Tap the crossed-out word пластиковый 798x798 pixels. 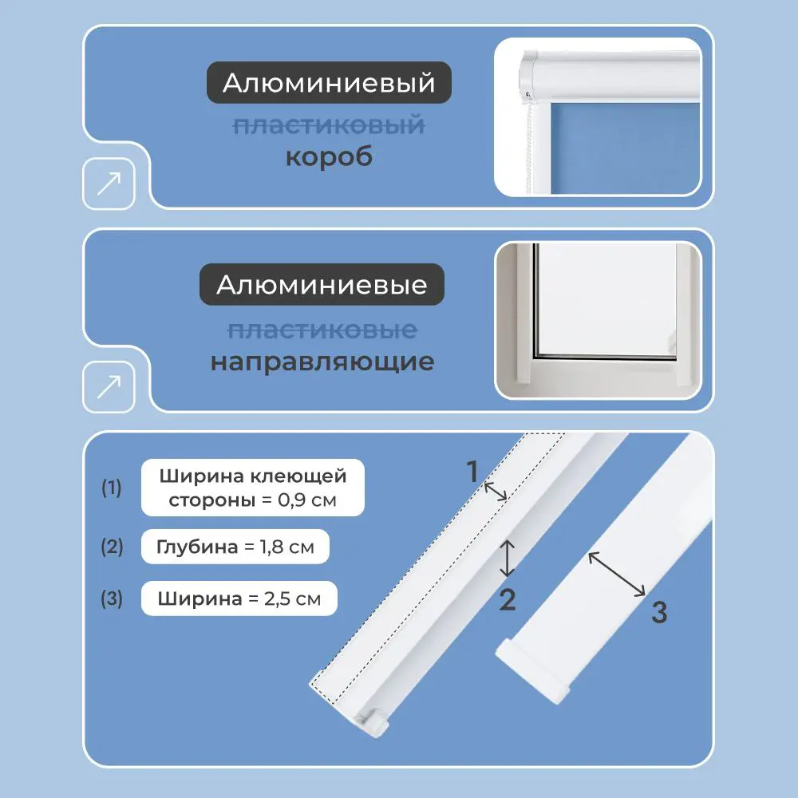click(329, 124)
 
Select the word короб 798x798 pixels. click(329, 156)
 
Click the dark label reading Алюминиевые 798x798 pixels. click(322, 285)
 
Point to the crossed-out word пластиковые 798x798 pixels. click(322, 329)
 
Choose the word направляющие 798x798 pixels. click(322, 361)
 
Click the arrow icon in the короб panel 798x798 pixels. click(109, 184)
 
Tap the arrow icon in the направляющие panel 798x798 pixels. click(109, 387)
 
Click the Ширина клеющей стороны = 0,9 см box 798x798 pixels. click(253, 488)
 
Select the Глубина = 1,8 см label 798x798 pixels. click(235, 547)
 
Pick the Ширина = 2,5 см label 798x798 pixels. click(239, 598)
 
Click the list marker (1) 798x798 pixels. click(111, 488)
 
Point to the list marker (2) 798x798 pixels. click(111, 547)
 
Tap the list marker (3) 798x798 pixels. click(111, 598)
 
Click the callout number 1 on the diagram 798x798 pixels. click(473, 472)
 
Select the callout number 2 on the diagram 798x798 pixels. click(508, 598)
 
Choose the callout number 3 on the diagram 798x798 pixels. click(658, 613)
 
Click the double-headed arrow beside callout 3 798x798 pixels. click(617, 574)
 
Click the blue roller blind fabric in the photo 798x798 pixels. click(622, 144)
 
